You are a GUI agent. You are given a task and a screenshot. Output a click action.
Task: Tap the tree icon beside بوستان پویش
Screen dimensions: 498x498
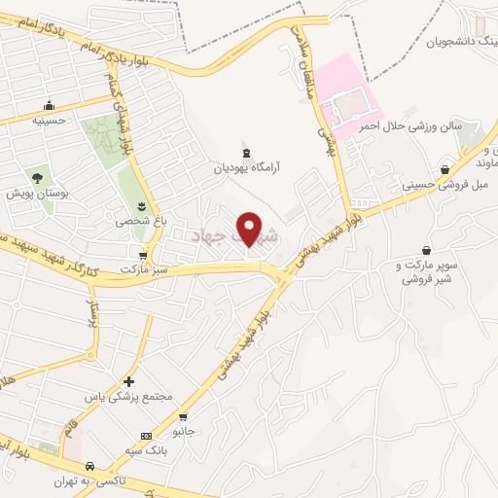[37, 177]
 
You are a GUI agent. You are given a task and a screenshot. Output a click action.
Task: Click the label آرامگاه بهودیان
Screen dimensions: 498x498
[250, 167]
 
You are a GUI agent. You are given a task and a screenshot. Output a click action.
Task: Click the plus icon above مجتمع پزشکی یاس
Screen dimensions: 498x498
[128, 381]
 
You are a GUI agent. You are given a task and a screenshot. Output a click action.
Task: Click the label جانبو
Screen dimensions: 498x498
[183, 429]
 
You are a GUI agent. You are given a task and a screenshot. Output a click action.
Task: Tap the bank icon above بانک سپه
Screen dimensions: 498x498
[146, 435]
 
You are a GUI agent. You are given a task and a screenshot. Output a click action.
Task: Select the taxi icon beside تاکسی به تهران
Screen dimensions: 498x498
[90, 466]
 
